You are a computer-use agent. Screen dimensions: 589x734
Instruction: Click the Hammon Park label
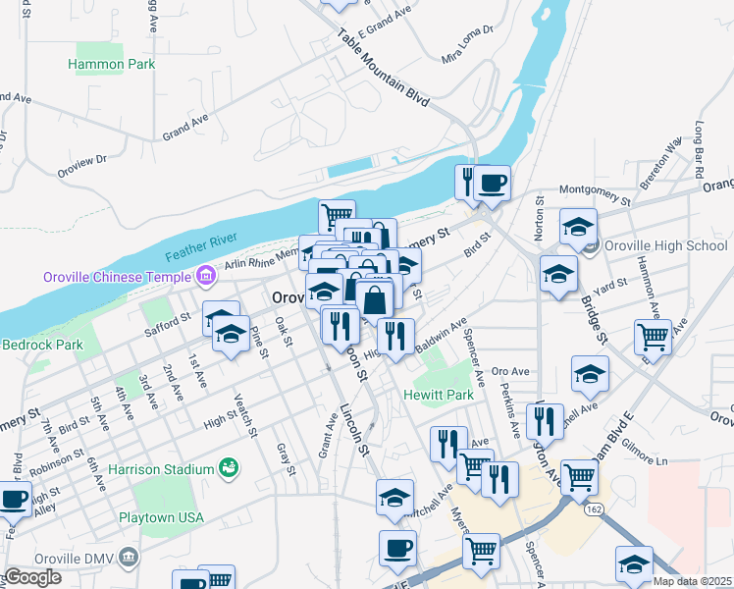[111, 64]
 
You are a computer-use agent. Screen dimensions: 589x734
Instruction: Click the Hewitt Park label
[438, 395]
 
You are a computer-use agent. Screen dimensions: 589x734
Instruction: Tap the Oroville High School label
[665, 245]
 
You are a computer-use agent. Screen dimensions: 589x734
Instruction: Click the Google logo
[32, 577]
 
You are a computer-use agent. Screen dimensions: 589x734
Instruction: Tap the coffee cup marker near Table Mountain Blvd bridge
[493, 182]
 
